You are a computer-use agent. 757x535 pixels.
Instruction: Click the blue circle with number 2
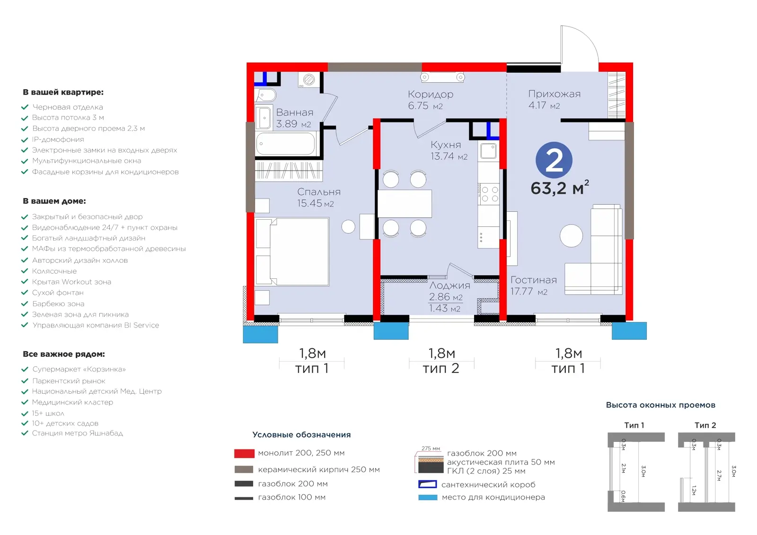coord(554,160)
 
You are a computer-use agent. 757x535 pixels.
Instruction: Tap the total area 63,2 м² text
coord(560,188)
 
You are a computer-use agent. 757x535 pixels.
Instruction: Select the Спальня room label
coord(319,192)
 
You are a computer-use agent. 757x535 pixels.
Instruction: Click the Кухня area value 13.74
coord(442,156)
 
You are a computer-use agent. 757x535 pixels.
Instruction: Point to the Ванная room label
coord(295,112)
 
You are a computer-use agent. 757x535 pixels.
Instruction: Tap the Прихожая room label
coord(554,94)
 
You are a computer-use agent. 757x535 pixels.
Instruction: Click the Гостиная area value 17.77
coord(521,291)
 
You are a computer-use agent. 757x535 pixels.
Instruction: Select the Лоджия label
coord(449,285)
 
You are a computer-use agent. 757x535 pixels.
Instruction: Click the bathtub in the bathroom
coord(286,144)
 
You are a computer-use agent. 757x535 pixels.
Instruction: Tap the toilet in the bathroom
coord(266,95)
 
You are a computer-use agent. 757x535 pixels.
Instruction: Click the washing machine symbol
coord(309,80)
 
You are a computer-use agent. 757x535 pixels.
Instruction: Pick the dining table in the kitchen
coord(405,204)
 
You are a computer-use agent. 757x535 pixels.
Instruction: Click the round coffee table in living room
coord(571,236)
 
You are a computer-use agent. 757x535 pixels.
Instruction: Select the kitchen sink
coord(488,151)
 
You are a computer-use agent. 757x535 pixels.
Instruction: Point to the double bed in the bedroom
coord(292,252)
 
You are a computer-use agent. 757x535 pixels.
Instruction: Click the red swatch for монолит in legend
coord(244,453)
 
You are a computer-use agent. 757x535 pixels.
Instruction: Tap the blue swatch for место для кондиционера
coord(428,497)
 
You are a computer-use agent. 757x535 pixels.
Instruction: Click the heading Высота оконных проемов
coord(660,405)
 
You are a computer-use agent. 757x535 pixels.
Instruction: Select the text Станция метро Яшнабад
coord(78,433)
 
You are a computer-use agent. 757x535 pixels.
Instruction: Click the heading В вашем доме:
coord(54,201)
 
